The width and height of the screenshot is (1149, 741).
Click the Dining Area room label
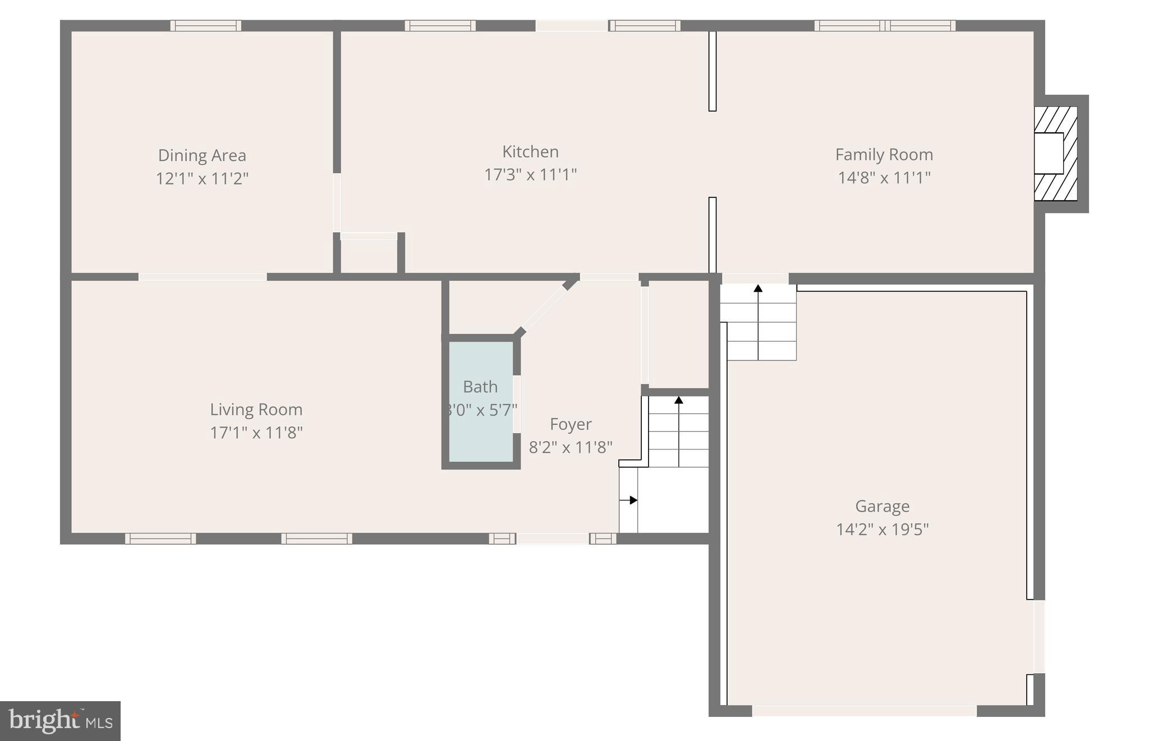pos(202,155)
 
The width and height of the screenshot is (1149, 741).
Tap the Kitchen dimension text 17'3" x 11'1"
pos(530,175)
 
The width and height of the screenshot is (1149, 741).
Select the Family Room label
pos(884,155)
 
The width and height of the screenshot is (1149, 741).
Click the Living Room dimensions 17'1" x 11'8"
pos(256,433)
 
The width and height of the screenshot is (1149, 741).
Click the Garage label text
pos(882,507)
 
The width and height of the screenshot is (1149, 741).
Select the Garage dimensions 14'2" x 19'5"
pos(882,530)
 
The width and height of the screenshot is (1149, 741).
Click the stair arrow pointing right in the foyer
pos(632,500)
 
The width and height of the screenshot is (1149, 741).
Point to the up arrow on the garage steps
pos(758,289)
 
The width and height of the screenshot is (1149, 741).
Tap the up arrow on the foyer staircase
pos(679,401)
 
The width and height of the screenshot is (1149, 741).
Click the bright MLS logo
pos(60,721)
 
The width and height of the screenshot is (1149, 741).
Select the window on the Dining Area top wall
pos(206,26)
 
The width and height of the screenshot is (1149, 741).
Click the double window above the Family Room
pos(885,26)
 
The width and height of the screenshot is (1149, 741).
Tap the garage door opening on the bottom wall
pos(864,711)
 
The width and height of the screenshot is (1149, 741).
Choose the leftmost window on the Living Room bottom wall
pos(160,539)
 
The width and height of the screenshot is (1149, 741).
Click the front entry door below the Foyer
pos(553,539)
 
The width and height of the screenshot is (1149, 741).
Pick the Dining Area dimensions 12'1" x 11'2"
pos(202,179)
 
